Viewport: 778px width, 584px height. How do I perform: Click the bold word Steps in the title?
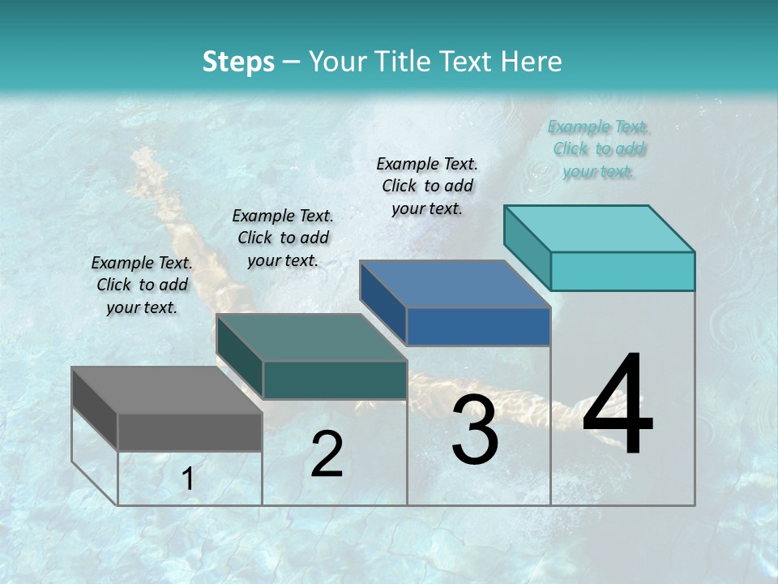pyautogui.click(x=238, y=62)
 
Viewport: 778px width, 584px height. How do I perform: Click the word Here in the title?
pyautogui.click(x=532, y=62)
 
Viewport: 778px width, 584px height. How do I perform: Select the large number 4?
pyautogui.click(x=618, y=406)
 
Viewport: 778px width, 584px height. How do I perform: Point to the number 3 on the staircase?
pyautogui.click(x=475, y=430)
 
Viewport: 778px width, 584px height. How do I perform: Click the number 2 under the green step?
pyautogui.click(x=327, y=454)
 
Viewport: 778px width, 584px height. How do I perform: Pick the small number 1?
pyautogui.click(x=187, y=479)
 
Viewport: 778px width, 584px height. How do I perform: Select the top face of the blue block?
pyautogui.click(x=454, y=284)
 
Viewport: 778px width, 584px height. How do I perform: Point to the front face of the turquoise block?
pyautogui.click(x=622, y=271)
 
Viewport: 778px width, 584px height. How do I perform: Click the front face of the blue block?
pyautogui.click(x=478, y=326)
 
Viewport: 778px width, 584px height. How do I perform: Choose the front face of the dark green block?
pyautogui.click(x=335, y=380)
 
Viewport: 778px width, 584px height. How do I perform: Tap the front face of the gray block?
pyautogui.click(x=190, y=432)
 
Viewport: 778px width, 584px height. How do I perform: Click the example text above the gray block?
pyautogui.click(x=142, y=285)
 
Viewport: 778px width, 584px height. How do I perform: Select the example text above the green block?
pyautogui.click(x=283, y=238)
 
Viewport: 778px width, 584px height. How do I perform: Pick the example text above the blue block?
pyautogui.click(x=427, y=186)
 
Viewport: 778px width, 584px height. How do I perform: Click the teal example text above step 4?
pyautogui.click(x=598, y=148)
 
